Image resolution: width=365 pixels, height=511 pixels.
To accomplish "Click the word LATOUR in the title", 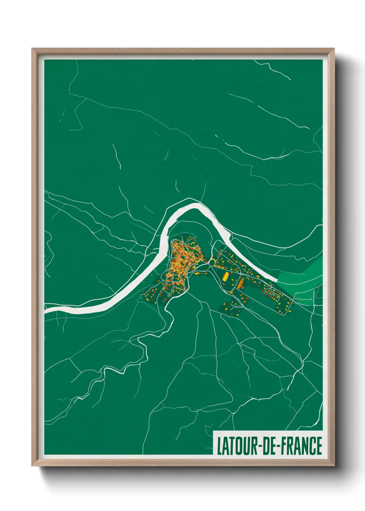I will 237,446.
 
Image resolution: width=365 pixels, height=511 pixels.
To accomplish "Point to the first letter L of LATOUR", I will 219,446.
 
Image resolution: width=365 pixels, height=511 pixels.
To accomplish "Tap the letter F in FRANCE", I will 284,446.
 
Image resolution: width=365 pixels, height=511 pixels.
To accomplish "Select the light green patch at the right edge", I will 304,276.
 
